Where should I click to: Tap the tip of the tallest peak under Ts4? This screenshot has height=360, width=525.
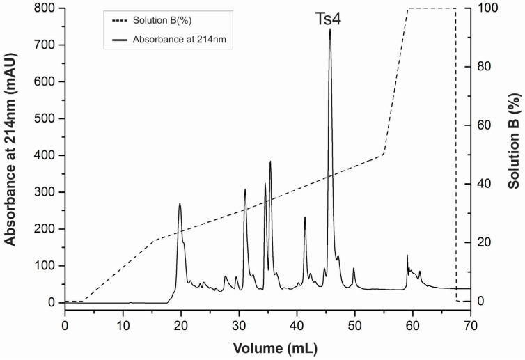330,29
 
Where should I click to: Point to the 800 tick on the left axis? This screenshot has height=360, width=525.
46,8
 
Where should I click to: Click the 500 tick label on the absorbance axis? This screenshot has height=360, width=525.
46,118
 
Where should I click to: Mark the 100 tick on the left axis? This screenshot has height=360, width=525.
46,266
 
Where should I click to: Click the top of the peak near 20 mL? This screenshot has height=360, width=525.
180,203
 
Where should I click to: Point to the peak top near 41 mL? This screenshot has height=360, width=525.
305,218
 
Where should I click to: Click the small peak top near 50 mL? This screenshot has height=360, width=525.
354,269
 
